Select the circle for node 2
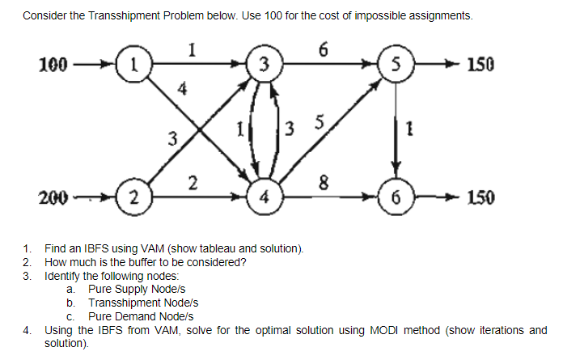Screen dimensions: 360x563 pos(134,197)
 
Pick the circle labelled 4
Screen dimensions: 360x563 pos(263,197)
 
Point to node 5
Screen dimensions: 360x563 pos(394,63)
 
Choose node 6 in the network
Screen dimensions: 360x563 pos(394,197)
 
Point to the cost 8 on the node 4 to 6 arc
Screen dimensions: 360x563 pos(324,184)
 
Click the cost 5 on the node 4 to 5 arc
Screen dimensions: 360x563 pos(319,125)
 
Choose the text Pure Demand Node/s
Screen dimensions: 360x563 pos(140,316)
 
